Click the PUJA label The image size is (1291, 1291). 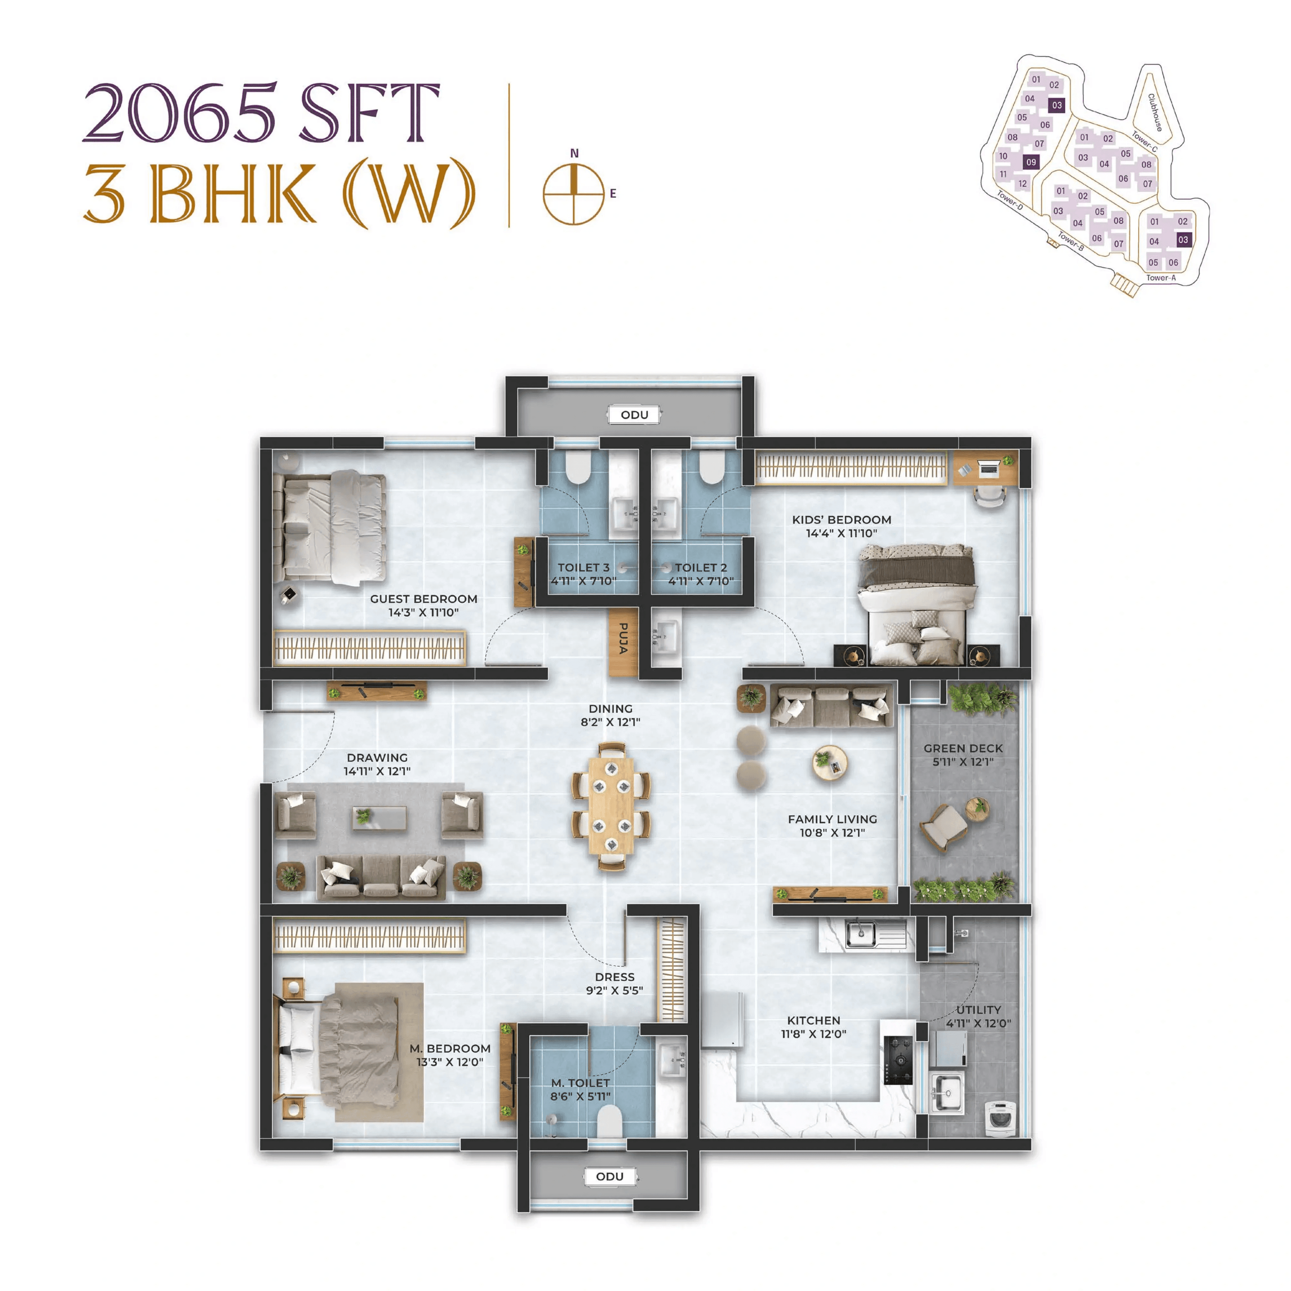click(x=622, y=638)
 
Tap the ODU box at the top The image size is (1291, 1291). click(x=634, y=414)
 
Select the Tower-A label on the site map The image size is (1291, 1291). click(x=1161, y=277)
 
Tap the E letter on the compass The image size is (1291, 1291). click(x=613, y=194)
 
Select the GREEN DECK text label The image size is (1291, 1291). click(x=963, y=748)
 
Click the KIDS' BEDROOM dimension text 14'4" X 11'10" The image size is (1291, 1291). click(x=841, y=533)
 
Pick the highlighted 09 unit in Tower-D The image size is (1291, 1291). click(x=1031, y=162)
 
